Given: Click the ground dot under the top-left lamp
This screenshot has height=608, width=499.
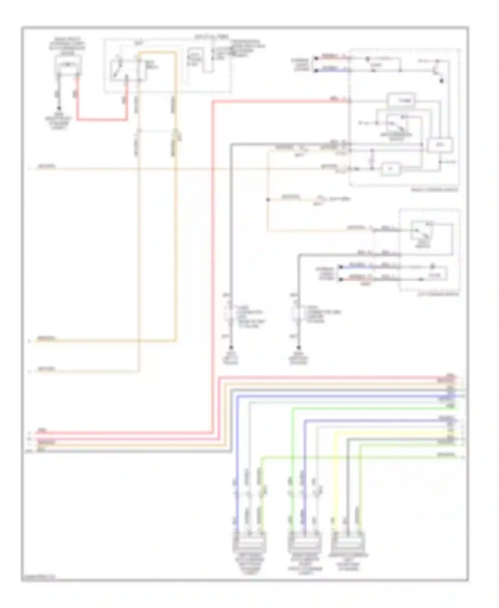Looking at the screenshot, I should click(x=59, y=108).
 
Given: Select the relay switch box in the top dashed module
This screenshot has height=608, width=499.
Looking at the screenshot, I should click(x=128, y=70).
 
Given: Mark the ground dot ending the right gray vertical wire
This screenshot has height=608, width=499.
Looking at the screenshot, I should click(x=298, y=348).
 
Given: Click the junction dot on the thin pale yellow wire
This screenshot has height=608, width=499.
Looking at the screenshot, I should click(x=268, y=200).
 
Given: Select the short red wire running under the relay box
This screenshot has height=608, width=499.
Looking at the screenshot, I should click(x=101, y=119).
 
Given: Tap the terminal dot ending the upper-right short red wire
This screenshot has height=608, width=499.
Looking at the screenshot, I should click(x=316, y=58).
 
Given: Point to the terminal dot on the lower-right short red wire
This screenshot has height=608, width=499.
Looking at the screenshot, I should click(x=340, y=279).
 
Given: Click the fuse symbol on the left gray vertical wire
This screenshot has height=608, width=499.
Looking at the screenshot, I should click(x=231, y=313).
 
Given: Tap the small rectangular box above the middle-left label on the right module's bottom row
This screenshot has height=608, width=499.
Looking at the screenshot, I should click(x=391, y=169).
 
